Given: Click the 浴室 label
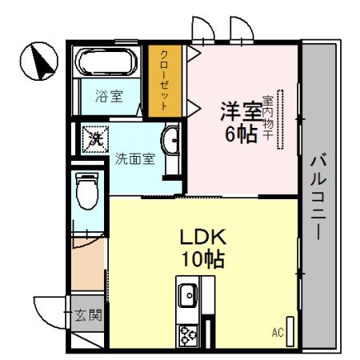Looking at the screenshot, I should pos(110,97).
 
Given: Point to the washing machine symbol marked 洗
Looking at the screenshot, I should pos(95,138).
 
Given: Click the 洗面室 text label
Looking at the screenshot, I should pos(133,158).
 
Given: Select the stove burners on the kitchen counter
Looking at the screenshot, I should pos(188,334).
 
